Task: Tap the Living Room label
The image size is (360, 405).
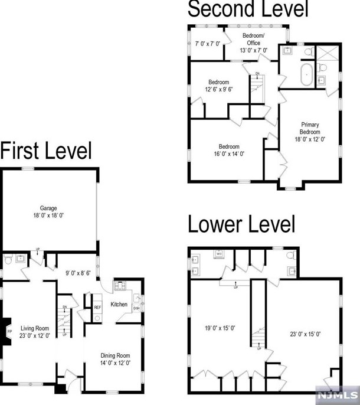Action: tap(35, 328)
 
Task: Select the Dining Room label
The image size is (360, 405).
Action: tap(114, 355)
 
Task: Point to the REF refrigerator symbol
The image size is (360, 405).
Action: tap(97, 307)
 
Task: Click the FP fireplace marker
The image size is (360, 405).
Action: tap(9, 332)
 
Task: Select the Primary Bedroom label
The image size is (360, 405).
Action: tap(310, 125)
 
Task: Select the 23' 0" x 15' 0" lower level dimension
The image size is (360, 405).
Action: tap(305, 334)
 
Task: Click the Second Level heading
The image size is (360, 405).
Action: tap(247, 9)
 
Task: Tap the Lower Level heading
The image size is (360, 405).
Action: tap(241, 225)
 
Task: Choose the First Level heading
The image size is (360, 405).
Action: tap(46, 151)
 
